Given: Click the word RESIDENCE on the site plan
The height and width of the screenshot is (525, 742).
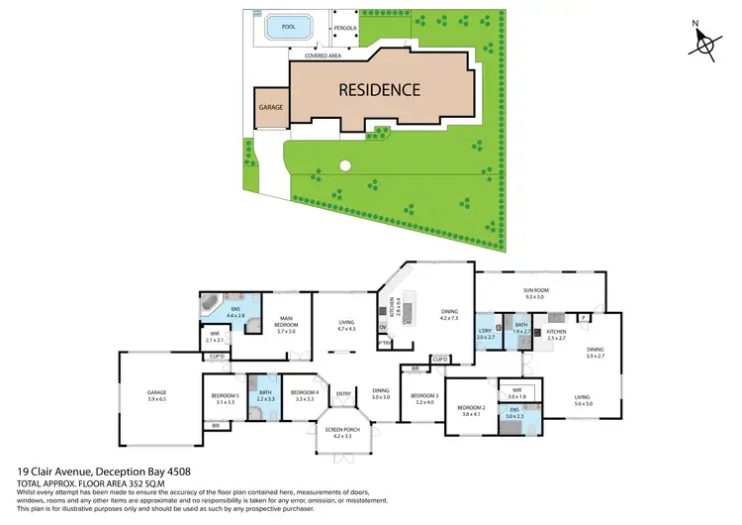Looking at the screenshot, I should [x=380, y=89].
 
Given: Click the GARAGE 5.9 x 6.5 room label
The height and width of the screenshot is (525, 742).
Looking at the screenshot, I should [x=156, y=394].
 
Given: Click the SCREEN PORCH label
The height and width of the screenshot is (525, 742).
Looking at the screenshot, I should [x=343, y=433].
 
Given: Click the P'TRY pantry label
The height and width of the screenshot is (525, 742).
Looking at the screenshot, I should [x=385, y=343].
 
